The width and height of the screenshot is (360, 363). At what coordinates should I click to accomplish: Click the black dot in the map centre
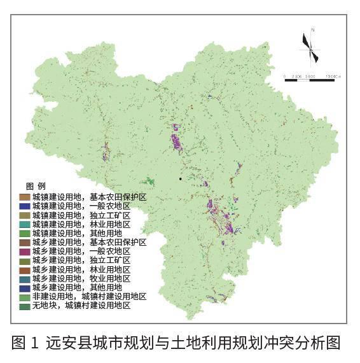(x=181, y=178)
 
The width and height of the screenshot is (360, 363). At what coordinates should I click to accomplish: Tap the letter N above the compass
(x=312, y=29)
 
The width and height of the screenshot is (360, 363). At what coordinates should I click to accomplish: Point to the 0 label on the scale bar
(x=284, y=77)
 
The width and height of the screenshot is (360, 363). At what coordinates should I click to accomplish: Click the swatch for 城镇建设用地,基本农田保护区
(x=24, y=197)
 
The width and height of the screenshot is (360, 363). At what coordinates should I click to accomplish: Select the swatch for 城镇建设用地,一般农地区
(x=24, y=206)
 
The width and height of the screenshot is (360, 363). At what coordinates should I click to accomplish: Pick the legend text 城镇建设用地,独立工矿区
(x=81, y=215)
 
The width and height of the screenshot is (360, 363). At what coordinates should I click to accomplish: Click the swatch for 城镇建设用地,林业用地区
(x=24, y=224)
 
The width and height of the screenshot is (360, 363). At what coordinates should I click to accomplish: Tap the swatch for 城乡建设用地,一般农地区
(x=24, y=252)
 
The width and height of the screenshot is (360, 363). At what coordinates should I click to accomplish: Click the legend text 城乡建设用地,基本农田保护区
(x=89, y=243)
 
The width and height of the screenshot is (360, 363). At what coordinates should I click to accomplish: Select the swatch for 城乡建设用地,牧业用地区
(x=24, y=278)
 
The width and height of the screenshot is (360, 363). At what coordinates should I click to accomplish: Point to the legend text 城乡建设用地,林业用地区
(x=81, y=269)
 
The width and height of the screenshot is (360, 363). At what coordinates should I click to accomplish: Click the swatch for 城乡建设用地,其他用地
(x=24, y=287)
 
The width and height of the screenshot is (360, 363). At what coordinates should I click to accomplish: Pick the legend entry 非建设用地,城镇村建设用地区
(x=89, y=297)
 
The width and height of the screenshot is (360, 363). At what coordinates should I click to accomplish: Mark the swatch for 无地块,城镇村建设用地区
(x=24, y=306)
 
